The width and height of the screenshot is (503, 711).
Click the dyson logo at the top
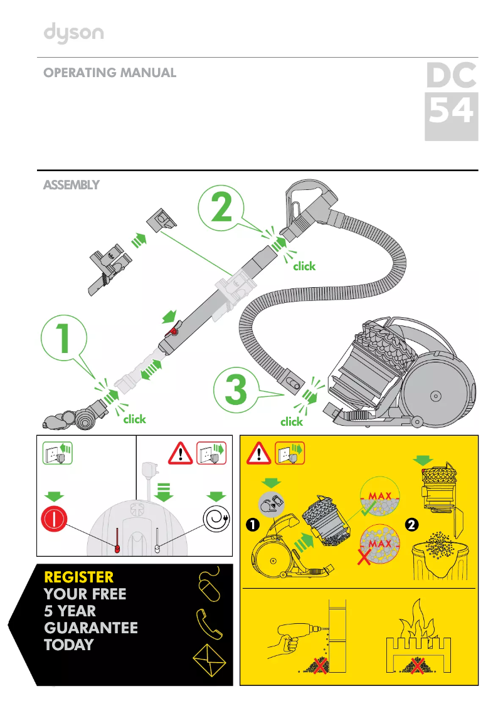tap(73, 33)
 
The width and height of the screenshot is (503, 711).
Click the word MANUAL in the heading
tap(148, 73)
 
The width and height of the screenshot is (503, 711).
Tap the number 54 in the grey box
tap(451, 112)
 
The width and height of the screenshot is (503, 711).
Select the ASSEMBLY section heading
tap(70, 186)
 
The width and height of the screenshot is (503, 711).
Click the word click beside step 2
tap(304, 266)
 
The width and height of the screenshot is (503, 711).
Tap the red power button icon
tap(59, 520)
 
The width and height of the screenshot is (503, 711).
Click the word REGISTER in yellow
tap(79, 577)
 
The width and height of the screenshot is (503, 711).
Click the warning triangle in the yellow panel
tap(258, 452)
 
